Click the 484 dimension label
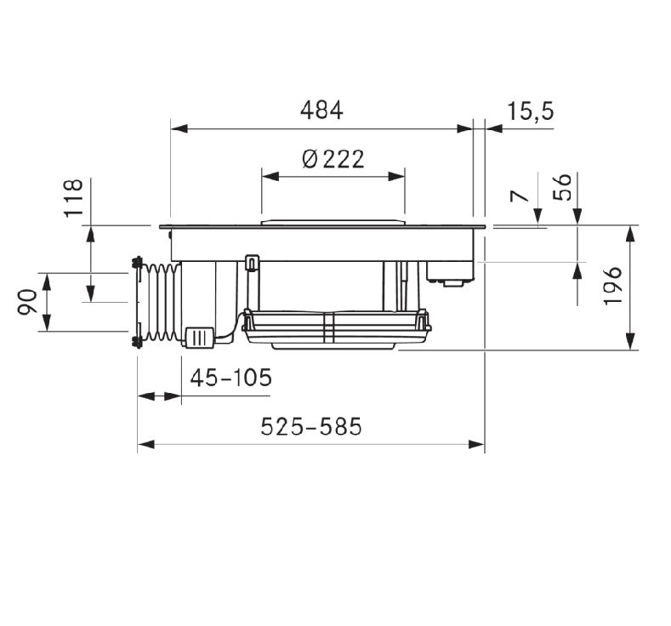321,111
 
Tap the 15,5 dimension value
530,111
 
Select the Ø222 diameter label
333,159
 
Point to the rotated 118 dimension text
73,198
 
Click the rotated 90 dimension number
27,302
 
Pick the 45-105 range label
231,378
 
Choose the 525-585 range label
311,426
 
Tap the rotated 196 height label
612,286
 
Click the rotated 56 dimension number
562,187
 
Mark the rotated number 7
520,196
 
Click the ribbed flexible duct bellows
162,302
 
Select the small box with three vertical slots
199,338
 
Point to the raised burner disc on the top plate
333,223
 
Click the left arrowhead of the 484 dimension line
179,128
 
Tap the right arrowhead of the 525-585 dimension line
476,445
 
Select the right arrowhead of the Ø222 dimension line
396,176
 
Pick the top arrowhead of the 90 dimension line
47,282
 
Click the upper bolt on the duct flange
138,262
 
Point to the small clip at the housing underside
252,263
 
